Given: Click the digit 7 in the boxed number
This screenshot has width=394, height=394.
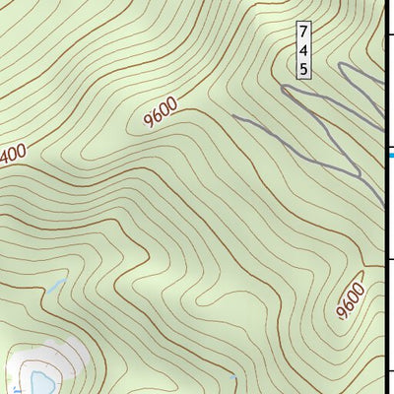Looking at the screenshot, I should point(303,31).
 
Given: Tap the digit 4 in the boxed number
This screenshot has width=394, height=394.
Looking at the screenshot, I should point(303,49).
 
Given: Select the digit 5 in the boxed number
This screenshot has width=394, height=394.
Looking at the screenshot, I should point(303,68).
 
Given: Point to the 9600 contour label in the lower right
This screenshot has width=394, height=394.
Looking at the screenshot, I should point(349,301).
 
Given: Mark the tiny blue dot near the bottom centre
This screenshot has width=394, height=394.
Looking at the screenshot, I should point(232,376).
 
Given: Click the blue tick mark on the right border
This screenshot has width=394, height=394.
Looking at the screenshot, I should point(391,154).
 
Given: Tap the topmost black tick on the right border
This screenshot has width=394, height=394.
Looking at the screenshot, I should point(390,35).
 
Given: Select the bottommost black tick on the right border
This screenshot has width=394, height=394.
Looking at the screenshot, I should point(390,370).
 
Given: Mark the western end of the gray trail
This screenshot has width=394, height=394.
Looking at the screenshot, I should point(234,116).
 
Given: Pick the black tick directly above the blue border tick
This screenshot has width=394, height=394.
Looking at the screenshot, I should point(390,144).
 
